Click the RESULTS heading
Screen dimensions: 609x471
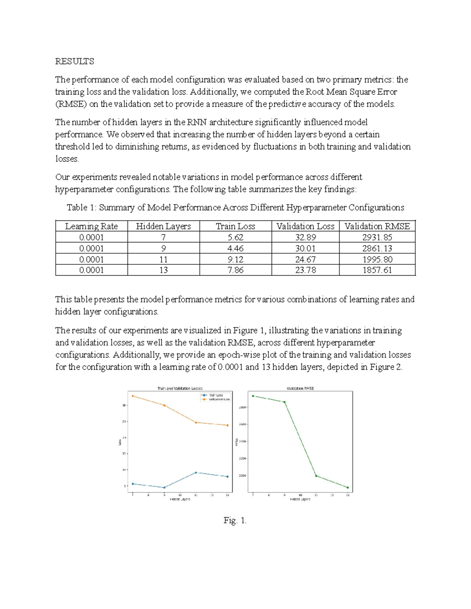[75, 61]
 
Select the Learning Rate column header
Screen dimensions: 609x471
[91, 226]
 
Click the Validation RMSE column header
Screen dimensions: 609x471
[377, 226]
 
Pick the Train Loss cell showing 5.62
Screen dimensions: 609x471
[235, 237]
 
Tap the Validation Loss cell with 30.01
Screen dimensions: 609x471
[305, 248]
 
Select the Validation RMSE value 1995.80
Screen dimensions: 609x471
[377, 259]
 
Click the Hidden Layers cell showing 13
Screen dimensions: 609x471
[163, 270]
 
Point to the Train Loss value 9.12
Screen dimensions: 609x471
[235, 259]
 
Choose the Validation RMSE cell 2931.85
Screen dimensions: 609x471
[377, 237]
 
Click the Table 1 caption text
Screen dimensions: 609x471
[235, 207]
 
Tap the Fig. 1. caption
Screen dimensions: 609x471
[235, 520]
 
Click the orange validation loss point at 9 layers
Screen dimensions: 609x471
[164, 405]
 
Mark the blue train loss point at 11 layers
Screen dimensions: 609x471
[196, 473]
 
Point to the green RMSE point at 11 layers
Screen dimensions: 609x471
[316, 476]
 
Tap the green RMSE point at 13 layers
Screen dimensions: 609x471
[347, 488]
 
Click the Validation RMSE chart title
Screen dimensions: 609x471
[300, 388]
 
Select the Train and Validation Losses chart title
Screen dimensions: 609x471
[180, 388]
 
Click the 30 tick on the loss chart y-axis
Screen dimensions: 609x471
[124, 405]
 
